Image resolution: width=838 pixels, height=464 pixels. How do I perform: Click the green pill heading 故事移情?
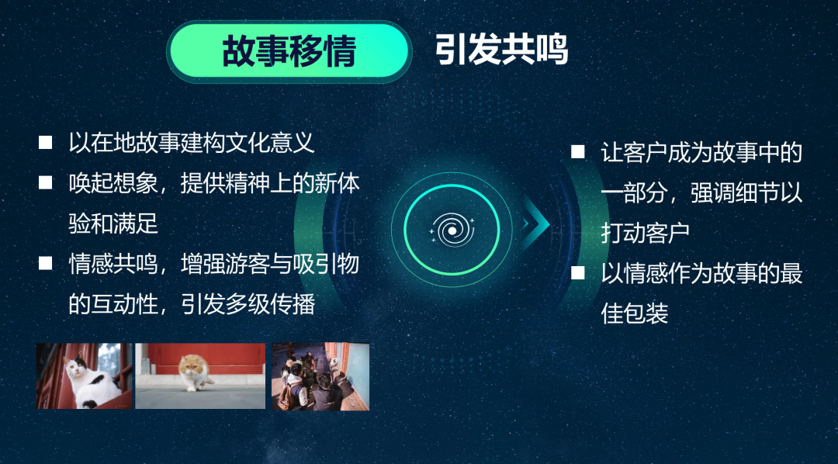coord(289,51)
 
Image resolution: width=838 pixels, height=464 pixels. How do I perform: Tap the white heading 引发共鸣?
coord(500,51)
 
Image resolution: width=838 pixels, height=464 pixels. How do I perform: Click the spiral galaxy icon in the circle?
coord(452,230)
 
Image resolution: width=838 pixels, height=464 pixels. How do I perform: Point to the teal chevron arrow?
coord(535,223)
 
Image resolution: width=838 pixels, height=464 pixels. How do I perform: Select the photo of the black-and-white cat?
coord(84,376)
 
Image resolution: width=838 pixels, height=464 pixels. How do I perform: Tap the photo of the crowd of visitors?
coord(320,376)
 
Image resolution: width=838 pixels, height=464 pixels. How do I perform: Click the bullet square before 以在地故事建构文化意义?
coord(46,143)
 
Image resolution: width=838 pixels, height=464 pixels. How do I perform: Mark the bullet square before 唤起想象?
coord(46,183)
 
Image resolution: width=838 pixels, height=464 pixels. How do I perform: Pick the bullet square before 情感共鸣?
coord(46,263)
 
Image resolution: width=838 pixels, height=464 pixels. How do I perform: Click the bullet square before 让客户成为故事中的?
coord(578,152)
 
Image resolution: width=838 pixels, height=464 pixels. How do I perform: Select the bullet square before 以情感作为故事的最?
coord(578,272)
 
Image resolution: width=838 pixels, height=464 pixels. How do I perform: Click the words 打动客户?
coord(646,233)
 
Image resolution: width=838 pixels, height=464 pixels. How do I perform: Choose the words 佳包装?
coord(635,313)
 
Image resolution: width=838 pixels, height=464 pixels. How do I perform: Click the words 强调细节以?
coord(746,193)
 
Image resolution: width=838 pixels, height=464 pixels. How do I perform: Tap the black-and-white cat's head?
coord(76,366)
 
